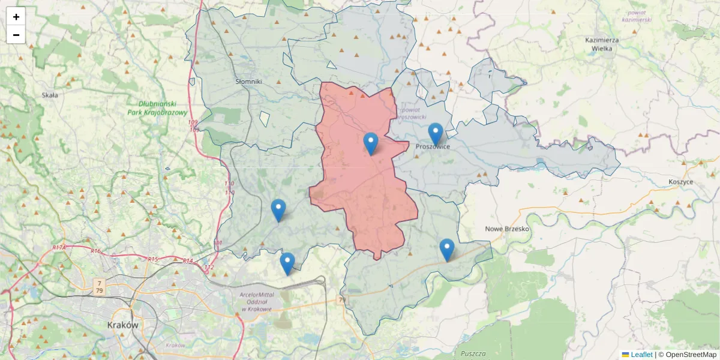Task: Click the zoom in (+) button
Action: [16, 17]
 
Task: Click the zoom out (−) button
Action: [16, 35]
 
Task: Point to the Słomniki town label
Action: [248, 82]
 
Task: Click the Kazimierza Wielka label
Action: [602, 44]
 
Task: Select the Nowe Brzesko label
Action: [507, 229]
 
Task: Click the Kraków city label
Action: [123, 325]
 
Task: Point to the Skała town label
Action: [50, 95]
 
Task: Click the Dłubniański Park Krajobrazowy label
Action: [157, 108]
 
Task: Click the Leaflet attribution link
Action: [641, 355]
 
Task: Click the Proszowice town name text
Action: [433, 146]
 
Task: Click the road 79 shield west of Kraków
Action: [98, 286]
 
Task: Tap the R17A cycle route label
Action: [59, 247]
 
